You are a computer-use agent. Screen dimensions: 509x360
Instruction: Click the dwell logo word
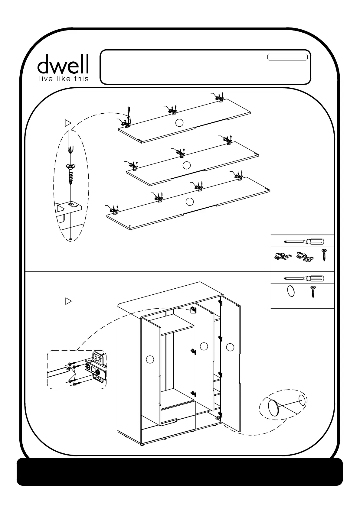click(63, 64)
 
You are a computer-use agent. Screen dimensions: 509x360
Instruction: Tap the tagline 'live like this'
click(63, 79)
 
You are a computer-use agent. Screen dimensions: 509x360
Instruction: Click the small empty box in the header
click(287, 57)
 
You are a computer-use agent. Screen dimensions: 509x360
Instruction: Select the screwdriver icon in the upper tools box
click(304, 241)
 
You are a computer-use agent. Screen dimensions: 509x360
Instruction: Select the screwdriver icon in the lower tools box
click(304, 278)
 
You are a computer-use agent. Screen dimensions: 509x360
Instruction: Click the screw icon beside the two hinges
click(324, 255)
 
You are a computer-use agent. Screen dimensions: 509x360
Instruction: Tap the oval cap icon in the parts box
click(290, 292)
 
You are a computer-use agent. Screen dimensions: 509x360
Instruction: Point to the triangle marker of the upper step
click(68, 123)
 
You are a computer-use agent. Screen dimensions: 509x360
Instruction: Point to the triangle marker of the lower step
click(68, 301)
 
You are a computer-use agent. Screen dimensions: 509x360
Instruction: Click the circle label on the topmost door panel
click(180, 122)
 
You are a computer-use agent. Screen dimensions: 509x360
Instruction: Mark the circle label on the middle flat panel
click(187, 165)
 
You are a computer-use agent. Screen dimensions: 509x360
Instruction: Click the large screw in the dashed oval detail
click(70, 174)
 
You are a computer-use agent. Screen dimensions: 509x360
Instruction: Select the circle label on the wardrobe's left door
click(150, 359)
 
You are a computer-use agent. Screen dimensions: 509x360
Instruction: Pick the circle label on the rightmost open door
click(230, 347)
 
